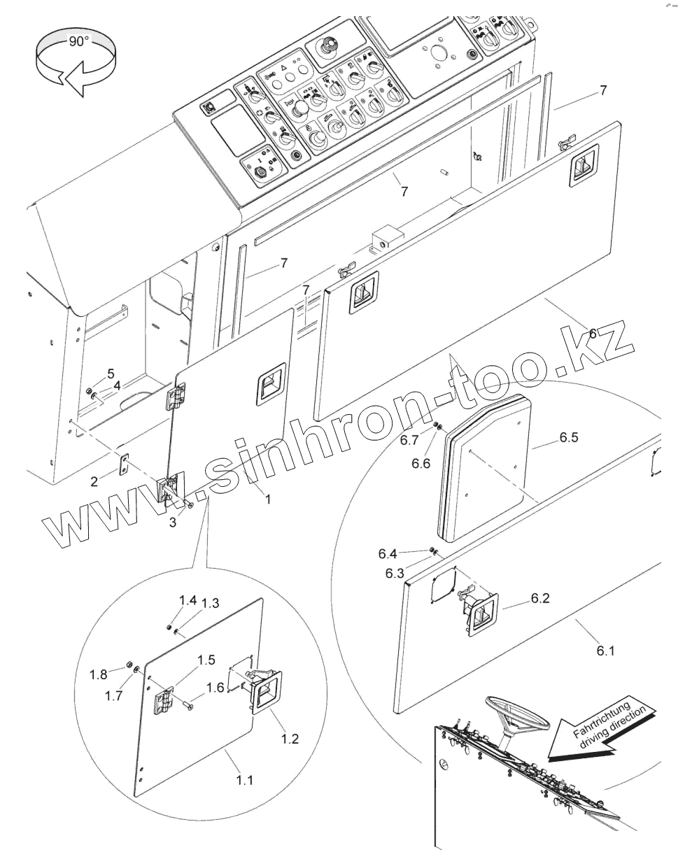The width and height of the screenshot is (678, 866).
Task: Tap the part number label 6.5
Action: coord(569,439)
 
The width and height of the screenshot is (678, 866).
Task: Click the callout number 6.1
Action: coord(606,651)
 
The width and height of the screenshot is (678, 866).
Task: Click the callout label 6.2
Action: coord(540,598)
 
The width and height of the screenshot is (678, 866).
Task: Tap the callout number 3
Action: coord(173,521)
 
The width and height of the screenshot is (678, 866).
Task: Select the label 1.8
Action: coord(99,674)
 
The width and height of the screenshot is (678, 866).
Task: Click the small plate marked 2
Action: coord(125,463)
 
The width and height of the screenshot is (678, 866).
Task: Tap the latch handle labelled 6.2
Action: coord(480,613)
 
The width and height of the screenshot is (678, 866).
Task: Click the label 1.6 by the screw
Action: coord(215,688)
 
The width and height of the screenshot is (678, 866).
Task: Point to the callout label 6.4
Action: coord(388,554)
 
